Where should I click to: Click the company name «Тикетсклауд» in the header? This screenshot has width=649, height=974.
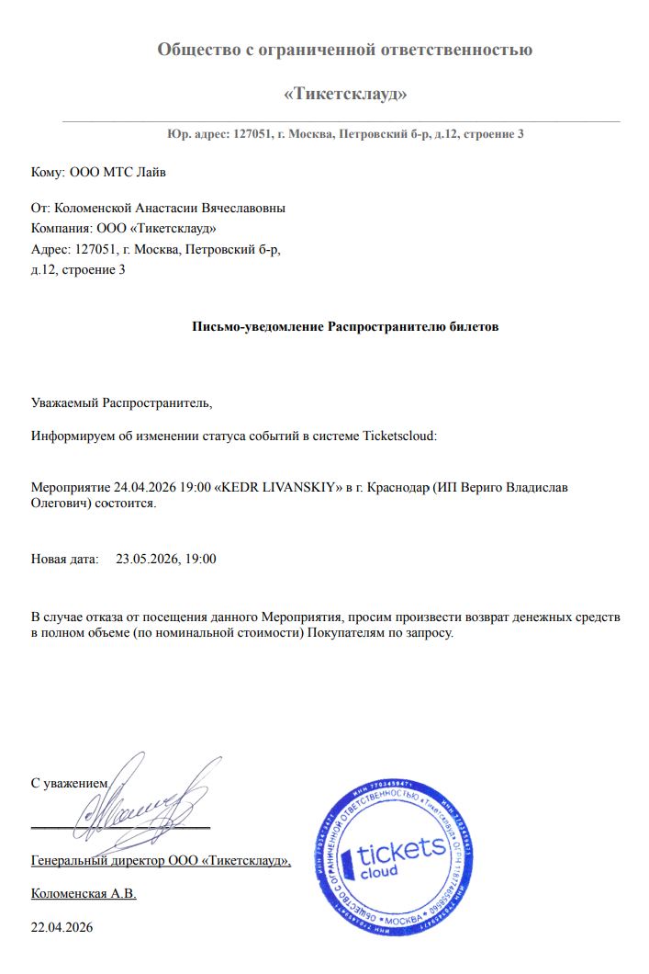pos(345,94)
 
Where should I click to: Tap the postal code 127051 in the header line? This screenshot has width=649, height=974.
pos(252,134)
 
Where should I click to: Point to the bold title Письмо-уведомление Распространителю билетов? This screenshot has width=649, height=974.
pos(345,326)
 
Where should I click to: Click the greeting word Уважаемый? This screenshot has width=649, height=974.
pos(64,402)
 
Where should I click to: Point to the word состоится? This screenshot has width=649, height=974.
pos(129,504)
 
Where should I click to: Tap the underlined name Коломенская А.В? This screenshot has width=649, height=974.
pos(84,893)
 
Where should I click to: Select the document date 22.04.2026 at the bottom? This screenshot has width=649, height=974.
pos(62,927)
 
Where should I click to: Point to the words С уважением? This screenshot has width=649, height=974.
pos(69,784)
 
